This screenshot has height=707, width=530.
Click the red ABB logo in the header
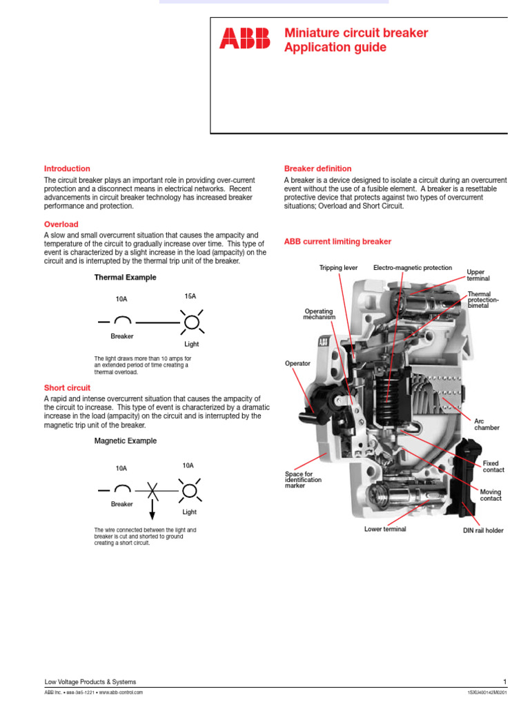(245, 39)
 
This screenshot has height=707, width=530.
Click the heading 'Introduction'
(67, 168)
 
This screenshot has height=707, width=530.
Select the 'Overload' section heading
(61, 224)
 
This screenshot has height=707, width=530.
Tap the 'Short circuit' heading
(67, 388)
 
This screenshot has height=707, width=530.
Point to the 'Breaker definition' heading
(317, 168)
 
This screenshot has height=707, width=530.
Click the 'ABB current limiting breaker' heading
(337, 242)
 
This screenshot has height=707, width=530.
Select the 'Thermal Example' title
(125, 278)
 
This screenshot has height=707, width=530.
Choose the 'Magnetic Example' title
(125, 440)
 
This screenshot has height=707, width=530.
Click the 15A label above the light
(190, 296)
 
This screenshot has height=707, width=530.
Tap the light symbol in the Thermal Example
(191, 322)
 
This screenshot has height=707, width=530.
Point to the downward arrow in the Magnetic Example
(153, 510)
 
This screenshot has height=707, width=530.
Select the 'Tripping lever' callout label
(338, 268)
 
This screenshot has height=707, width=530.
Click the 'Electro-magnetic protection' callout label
(413, 268)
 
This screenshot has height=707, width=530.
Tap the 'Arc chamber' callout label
(487, 424)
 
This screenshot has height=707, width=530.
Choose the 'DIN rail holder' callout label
(483, 530)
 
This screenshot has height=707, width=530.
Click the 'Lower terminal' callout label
(385, 529)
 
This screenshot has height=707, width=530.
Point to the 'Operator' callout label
(297, 363)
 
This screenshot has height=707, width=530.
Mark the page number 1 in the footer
(505, 682)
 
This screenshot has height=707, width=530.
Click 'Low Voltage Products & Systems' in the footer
(90, 682)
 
